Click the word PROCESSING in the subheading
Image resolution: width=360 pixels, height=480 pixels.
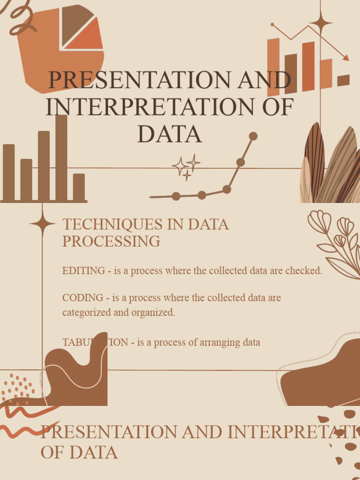pos(111,241)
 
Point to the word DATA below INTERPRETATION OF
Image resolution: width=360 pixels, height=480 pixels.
pos(169,134)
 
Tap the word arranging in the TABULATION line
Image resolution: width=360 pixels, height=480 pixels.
pos(219,342)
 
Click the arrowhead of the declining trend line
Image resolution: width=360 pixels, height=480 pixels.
pos(346,58)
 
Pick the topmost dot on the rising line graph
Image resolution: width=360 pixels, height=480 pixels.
pos(253,136)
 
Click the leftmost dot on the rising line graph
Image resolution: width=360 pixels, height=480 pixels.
pos(176,196)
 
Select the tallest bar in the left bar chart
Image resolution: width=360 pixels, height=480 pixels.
pos(61,157)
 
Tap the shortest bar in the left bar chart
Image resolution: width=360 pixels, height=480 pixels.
pos(79,187)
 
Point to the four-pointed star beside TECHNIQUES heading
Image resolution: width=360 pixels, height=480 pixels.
pos(42,224)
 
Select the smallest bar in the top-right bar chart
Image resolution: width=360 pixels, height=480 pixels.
pos(343,80)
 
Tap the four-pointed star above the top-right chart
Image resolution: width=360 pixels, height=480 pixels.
pos(321,22)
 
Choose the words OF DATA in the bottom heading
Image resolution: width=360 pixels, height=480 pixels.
pos(79,452)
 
